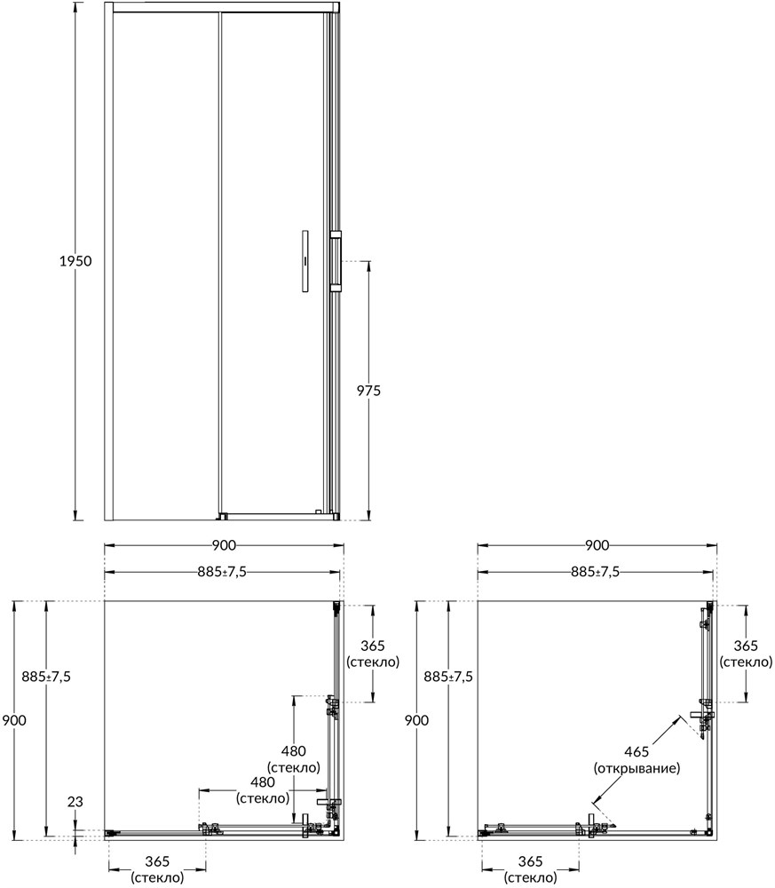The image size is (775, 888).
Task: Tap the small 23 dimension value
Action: (75, 802)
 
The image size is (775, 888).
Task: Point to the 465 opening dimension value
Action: (637, 751)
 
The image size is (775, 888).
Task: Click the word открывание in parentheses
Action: (637, 767)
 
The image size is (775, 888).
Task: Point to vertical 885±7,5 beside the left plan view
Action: (46, 677)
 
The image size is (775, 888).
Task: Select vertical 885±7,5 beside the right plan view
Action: (449, 677)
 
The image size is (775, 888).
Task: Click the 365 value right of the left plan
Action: (373, 646)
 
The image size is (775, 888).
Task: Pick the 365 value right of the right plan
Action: (746, 646)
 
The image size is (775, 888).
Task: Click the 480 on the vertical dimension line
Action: (293, 750)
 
